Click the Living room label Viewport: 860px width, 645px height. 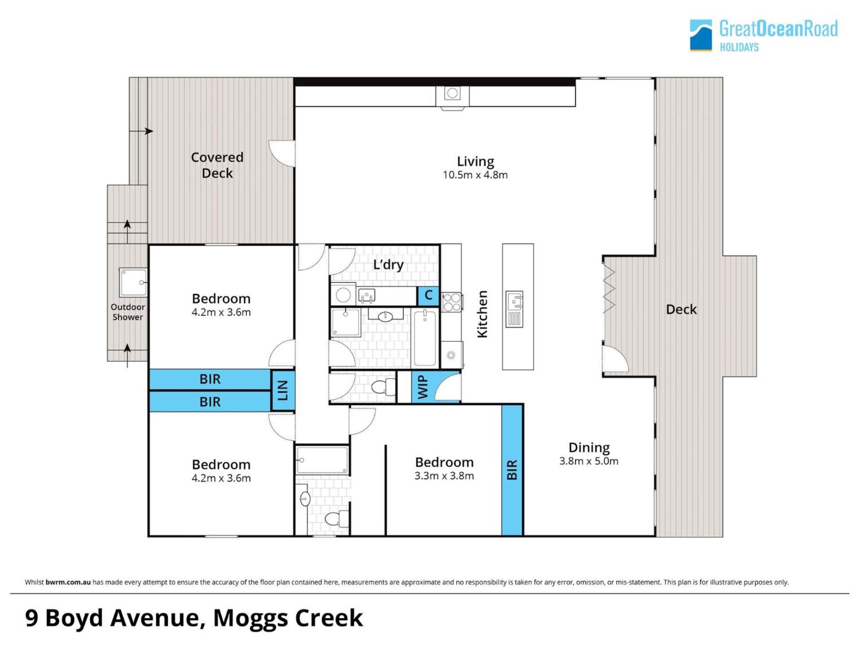click(x=475, y=161)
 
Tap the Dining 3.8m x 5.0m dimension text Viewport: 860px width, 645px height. click(x=589, y=461)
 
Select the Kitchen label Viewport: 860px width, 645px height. click(x=482, y=314)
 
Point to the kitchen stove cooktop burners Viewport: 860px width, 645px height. click(x=452, y=302)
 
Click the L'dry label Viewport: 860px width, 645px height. click(x=388, y=265)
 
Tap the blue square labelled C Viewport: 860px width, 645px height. click(x=428, y=296)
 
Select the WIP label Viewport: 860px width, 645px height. click(x=423, y=387)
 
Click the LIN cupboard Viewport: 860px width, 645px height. click(x=283, y=390)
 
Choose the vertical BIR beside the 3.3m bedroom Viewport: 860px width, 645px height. click(x=512, y=470)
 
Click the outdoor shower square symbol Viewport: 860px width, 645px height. click(x=133, y=282)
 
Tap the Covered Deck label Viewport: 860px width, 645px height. click(x=217, y=165)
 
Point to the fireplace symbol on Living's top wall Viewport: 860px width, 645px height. click(x=452, y=94)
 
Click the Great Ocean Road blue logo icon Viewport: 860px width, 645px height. click(x=701, y=35)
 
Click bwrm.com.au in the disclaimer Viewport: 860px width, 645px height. click(x=68, y=582)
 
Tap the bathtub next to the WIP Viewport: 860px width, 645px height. click(x=425, y=338)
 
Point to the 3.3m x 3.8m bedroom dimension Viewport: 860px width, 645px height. click(x=444, y=476)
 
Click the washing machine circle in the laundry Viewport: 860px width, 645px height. click(x=343, y=295)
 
